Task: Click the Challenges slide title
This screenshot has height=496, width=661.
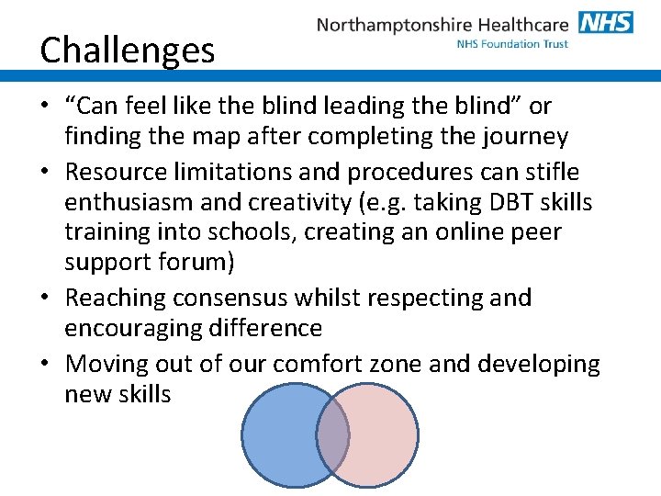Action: (128, 50)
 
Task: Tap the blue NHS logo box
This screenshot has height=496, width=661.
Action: (605, 22)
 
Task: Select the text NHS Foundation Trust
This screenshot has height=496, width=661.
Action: (511, 43)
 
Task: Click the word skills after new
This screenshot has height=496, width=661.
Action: (142, 394)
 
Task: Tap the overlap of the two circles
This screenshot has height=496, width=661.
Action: (331, 434)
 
